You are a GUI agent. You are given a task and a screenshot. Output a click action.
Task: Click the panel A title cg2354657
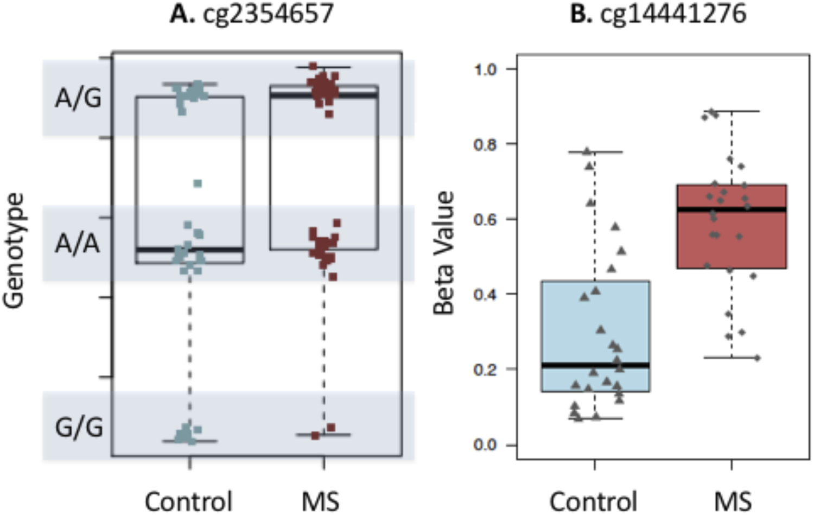pyautogui.click(x=251, y=13)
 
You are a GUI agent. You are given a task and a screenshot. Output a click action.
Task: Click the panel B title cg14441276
pyautogui.click(x=658, y=13)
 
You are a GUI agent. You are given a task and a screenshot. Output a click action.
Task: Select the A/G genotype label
pyautogui.click(x=78, y=98)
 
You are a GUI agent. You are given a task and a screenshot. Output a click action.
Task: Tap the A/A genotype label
pyautogui.click(x=78, y=244)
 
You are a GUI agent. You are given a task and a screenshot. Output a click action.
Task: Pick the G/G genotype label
pyautogui.click(x=79, y=427)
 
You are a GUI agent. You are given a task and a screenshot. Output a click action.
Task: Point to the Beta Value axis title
pyautogui.click(x=443, y=253)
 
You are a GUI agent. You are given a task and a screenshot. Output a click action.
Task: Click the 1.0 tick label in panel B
pyautogui.click(x=486, y=69)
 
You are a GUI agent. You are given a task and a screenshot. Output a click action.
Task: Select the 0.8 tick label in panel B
pyautogui.click(x=486, y=144)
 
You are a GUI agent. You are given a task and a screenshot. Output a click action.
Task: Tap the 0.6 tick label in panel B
pyautogui.click(x=486, y=219)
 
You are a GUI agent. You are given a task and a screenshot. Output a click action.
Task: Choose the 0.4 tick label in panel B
pyautogui.click(x=486, y=294)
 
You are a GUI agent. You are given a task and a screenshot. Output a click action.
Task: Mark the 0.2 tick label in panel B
pyautogui.click(x=486, y=370)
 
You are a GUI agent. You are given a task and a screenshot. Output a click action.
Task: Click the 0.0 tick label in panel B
pyautogui.click(x=486, y=445)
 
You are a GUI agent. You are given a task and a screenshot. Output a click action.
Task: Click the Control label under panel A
pyautogui.click(x=188, y=500)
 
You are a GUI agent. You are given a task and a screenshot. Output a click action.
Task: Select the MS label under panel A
pyautogui.click(x=321, y=500)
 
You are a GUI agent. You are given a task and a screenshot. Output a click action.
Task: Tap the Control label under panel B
pyautogui.click(x=593, y=500)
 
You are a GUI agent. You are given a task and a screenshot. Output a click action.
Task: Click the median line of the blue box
pyautogui.click(x=595, y=365)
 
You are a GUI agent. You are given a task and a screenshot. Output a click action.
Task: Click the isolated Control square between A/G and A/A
pyautogui.click(x=198, y=184)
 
